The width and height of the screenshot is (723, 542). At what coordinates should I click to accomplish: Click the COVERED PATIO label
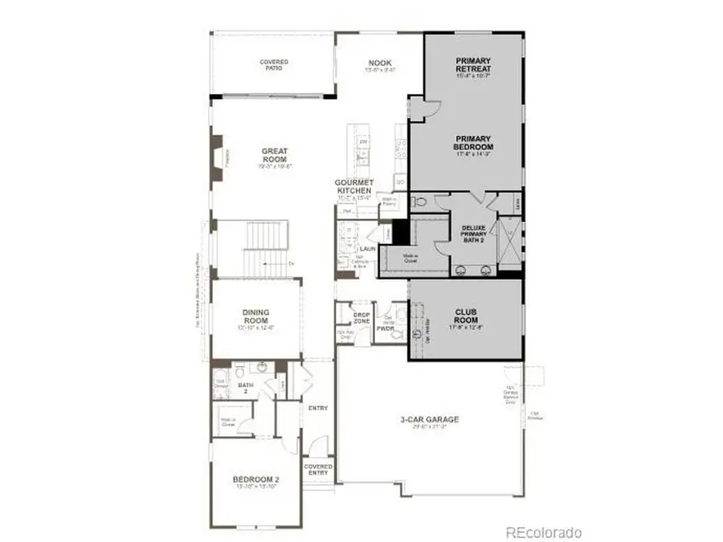tap(273, 63)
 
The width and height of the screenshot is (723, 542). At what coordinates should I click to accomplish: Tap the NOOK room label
tap(379, 63)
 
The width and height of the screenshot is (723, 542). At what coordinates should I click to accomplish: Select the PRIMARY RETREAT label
tap(473, 64)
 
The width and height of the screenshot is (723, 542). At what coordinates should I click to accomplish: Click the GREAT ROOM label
tap(274, 155)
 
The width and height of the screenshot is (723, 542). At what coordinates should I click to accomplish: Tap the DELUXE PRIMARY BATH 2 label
tap(474, 234)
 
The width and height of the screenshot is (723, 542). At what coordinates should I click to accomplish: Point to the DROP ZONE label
tap(361, 318)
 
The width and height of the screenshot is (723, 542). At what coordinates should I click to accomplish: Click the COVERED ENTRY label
tap(318, 470)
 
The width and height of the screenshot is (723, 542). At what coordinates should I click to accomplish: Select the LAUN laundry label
tap(368, 249)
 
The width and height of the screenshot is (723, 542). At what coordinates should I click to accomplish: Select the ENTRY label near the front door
tap(318, 408)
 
